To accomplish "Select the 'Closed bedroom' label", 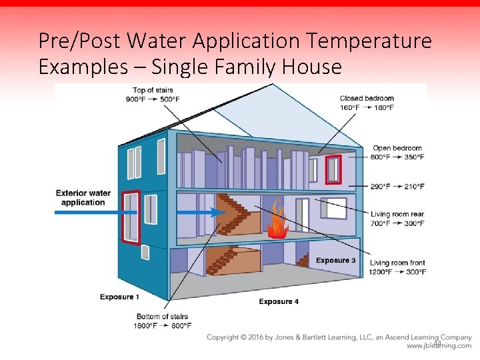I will click(x=367, y=99).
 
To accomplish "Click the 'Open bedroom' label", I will click(x=397, y=148).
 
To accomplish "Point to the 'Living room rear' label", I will click(x=397, y=214).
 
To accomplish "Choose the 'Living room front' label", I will click(x=397, y=263).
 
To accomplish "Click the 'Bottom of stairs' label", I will click(x=162, y=317).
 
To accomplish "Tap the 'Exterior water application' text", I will click(x=83, y=198).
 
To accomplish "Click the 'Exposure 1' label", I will click(x=119, y=297).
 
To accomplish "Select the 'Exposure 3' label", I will click(x=335, y=260).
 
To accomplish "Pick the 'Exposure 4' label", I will click(x=279, y=302).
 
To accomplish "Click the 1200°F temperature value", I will click(x=381, y=272).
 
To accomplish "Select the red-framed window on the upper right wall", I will click(x=333, y=169).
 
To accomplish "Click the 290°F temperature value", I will click(x=381, y=187).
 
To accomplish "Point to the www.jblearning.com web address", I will click(x=439, y=346).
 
